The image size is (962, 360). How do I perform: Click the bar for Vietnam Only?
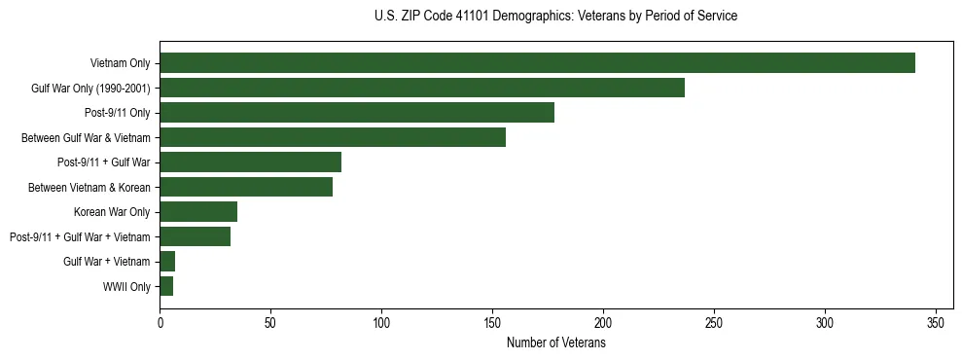537,63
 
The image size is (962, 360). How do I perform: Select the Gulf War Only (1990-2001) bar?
422,88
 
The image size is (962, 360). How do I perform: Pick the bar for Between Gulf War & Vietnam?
333,137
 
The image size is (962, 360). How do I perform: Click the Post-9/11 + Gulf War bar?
250,162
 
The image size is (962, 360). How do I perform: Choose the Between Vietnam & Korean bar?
246,187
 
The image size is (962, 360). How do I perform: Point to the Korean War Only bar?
198,212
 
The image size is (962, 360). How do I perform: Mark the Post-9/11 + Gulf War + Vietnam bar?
195,236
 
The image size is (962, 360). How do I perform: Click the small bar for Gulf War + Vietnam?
167,262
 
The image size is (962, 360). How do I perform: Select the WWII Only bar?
166,286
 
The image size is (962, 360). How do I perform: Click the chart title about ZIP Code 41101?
555,17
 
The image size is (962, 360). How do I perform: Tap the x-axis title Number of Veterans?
555,342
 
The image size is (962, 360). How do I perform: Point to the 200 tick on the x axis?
603,322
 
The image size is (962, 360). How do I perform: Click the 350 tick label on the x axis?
936,322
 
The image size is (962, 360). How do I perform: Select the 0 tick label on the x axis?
160,322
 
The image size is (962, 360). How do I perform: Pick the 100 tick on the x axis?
381,322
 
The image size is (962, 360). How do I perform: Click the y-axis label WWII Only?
126,287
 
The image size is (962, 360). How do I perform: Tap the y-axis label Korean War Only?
112,212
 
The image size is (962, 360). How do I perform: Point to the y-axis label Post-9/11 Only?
117,113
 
